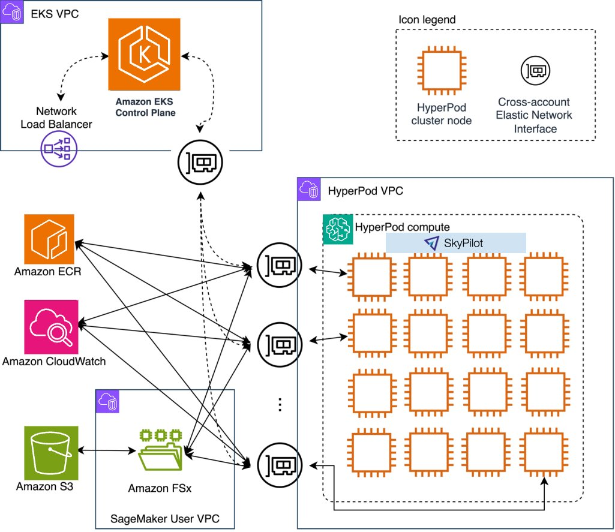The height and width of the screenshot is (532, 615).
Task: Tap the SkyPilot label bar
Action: point(455,243)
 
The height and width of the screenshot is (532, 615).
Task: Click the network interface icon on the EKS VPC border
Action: point(200,160)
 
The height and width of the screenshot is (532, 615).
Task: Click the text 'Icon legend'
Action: point(427,20)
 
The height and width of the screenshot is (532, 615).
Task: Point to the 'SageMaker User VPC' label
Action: point(164,517)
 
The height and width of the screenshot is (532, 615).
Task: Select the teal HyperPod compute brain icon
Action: point(337,229)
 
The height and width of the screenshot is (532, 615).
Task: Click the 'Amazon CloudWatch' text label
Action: point(54,361)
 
